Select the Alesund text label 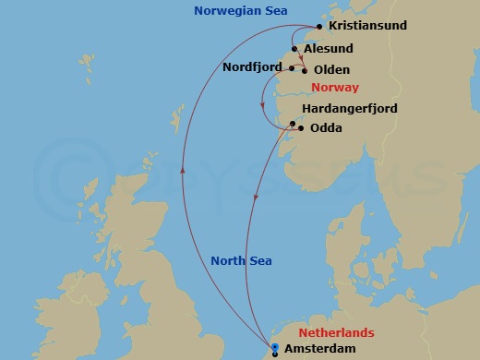point(329,49)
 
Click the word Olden point(331,69)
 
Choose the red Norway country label point(334,89)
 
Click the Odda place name point(326,128)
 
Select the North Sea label point(241,261)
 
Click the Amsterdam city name point(319,349)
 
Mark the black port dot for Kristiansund point(319,27)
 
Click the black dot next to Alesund point(294,49)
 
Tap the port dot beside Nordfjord point(292,68)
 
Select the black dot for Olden point(305,69)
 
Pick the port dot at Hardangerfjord point(293,124)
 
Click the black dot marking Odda point(301,129)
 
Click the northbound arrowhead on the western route point(182,171)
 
